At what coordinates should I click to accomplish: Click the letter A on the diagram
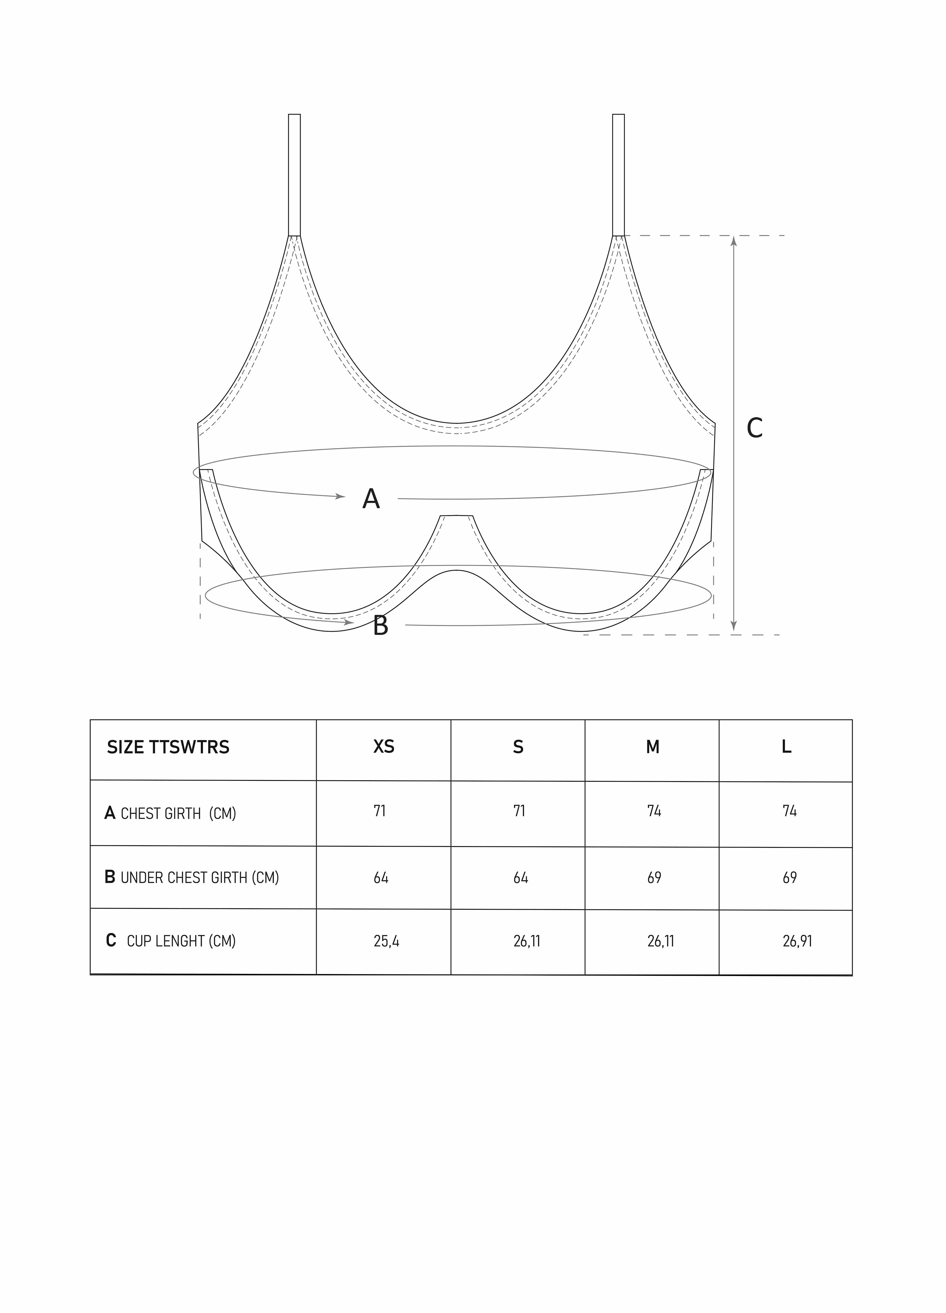tap(371, 499)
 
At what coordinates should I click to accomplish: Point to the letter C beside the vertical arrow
tap(754, 429)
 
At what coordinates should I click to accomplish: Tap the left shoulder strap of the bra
tap(294, 175)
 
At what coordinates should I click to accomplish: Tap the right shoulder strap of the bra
tap(618, 175)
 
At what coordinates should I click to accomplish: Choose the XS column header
tap(383, 747)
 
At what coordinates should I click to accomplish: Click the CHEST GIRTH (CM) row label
tap(170, 813)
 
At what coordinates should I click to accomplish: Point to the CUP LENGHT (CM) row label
tap(171, 941)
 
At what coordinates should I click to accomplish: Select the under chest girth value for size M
tap(654, 878)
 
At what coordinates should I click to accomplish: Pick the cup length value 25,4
tap(387, 941)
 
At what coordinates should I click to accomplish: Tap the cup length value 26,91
tap(797, 941)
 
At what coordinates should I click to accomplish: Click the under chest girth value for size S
tap(520, 878)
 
